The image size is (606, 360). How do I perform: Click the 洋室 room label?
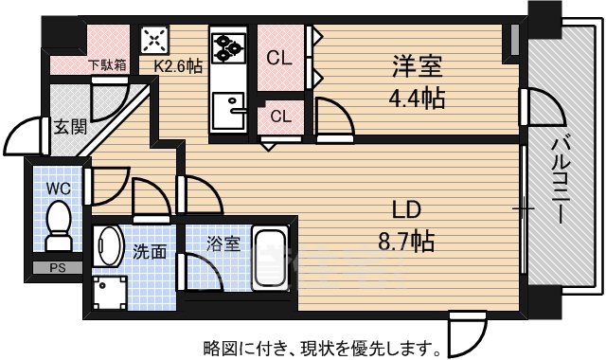tap(418, 67)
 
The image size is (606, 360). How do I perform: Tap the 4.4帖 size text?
tap(418, 97)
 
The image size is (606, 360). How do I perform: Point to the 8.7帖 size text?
tap(406, 243)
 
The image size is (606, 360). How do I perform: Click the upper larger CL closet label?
tap(278, 58)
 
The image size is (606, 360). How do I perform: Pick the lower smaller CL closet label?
tap(280, 117)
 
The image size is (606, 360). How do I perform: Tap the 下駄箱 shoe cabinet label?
tap(106, 66)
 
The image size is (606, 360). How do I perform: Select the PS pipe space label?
tap(57, 269)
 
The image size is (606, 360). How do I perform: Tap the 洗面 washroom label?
tap(149, 252)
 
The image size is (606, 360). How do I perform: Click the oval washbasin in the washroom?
tap(109, 248)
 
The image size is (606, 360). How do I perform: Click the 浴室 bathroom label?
tap(223, 243)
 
